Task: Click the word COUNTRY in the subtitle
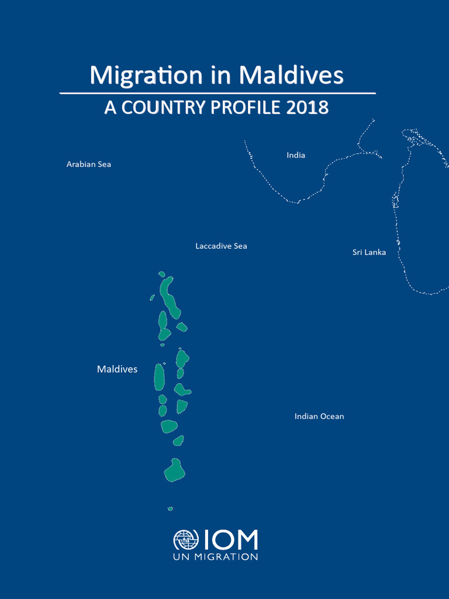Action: click(x=161, y=108)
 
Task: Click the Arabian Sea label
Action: click(x=89, y=164)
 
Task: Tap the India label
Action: click(x=296, y=155)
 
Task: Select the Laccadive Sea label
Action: click(x=221, y=246)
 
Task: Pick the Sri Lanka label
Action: click(x=369, y=252)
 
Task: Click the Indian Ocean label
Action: click(x=319, y=416)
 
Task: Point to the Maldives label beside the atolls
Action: click(x=117, y=369)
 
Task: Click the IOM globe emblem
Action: click(x=186, y=541)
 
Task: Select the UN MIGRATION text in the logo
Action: click(x=215, y=557)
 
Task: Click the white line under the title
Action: click(x=217, y=93)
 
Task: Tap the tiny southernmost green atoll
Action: click(x=171, y=509)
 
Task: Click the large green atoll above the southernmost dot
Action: click(x=174, y=470)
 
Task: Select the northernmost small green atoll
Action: click(x=162, y=274)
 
